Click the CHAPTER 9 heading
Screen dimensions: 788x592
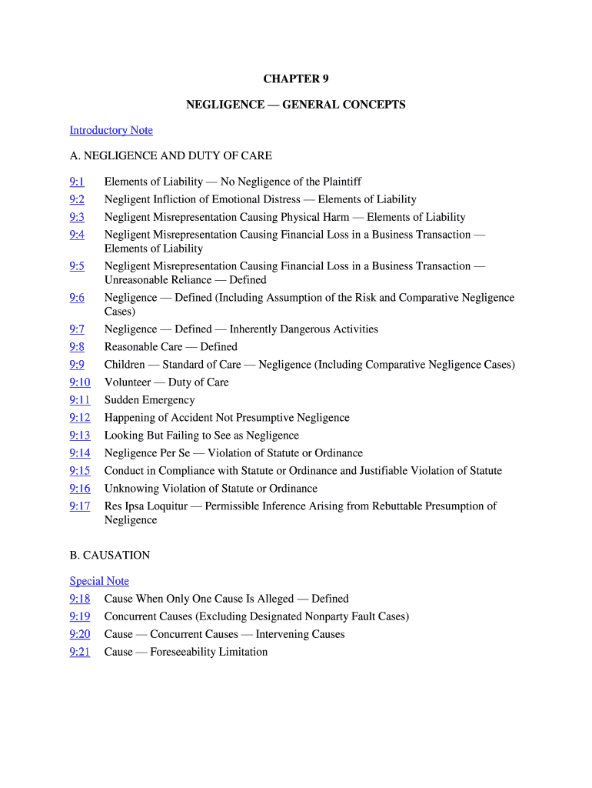tap(296, 79)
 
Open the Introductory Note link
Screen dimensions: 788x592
tap(111, 130)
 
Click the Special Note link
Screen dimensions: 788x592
tap(99, 581)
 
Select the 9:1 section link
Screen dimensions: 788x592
tap(77, 182)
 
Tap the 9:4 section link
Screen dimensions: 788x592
tap(77, 235)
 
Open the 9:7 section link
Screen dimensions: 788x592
tap(77, 329)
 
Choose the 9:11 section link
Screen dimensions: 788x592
tap(79, 400)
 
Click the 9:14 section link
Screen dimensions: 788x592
tap(79, 453)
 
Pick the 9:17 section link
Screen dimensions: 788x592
tap(79, 506)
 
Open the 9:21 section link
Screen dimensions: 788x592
tap(79, 652)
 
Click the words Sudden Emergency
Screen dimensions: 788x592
tap(150, 400)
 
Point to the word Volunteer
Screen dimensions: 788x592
tap(128, 382)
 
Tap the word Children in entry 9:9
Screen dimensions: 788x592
tap(125, 365)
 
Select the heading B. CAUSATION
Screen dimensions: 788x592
tap(110, 555)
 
